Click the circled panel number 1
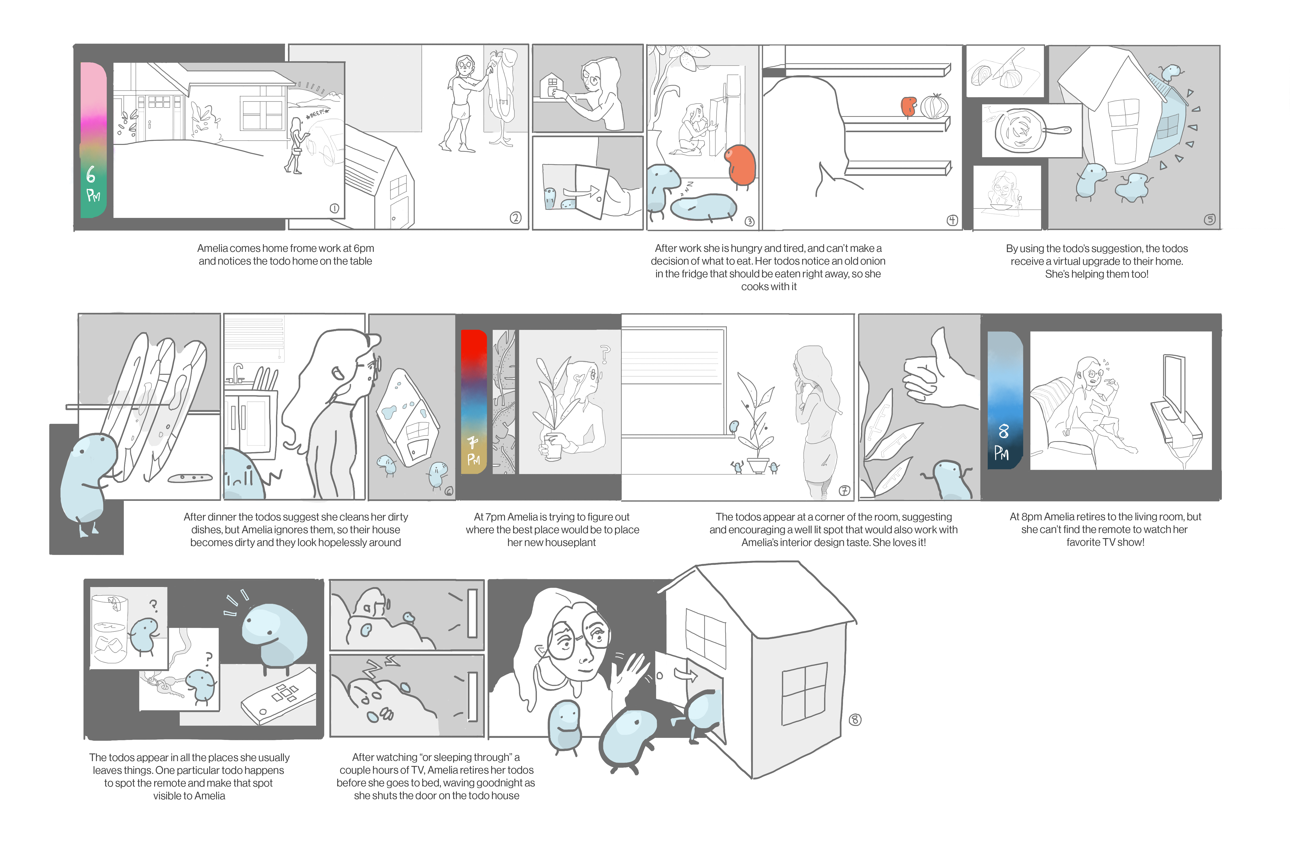(334, 208)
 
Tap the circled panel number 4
(953, 220)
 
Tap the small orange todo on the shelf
(908, 107)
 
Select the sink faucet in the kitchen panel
(238, 372)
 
